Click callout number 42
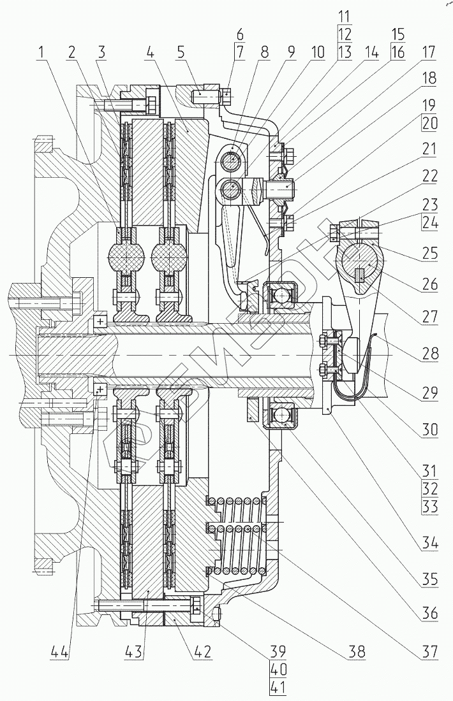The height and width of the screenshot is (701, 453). coord(202,653)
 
